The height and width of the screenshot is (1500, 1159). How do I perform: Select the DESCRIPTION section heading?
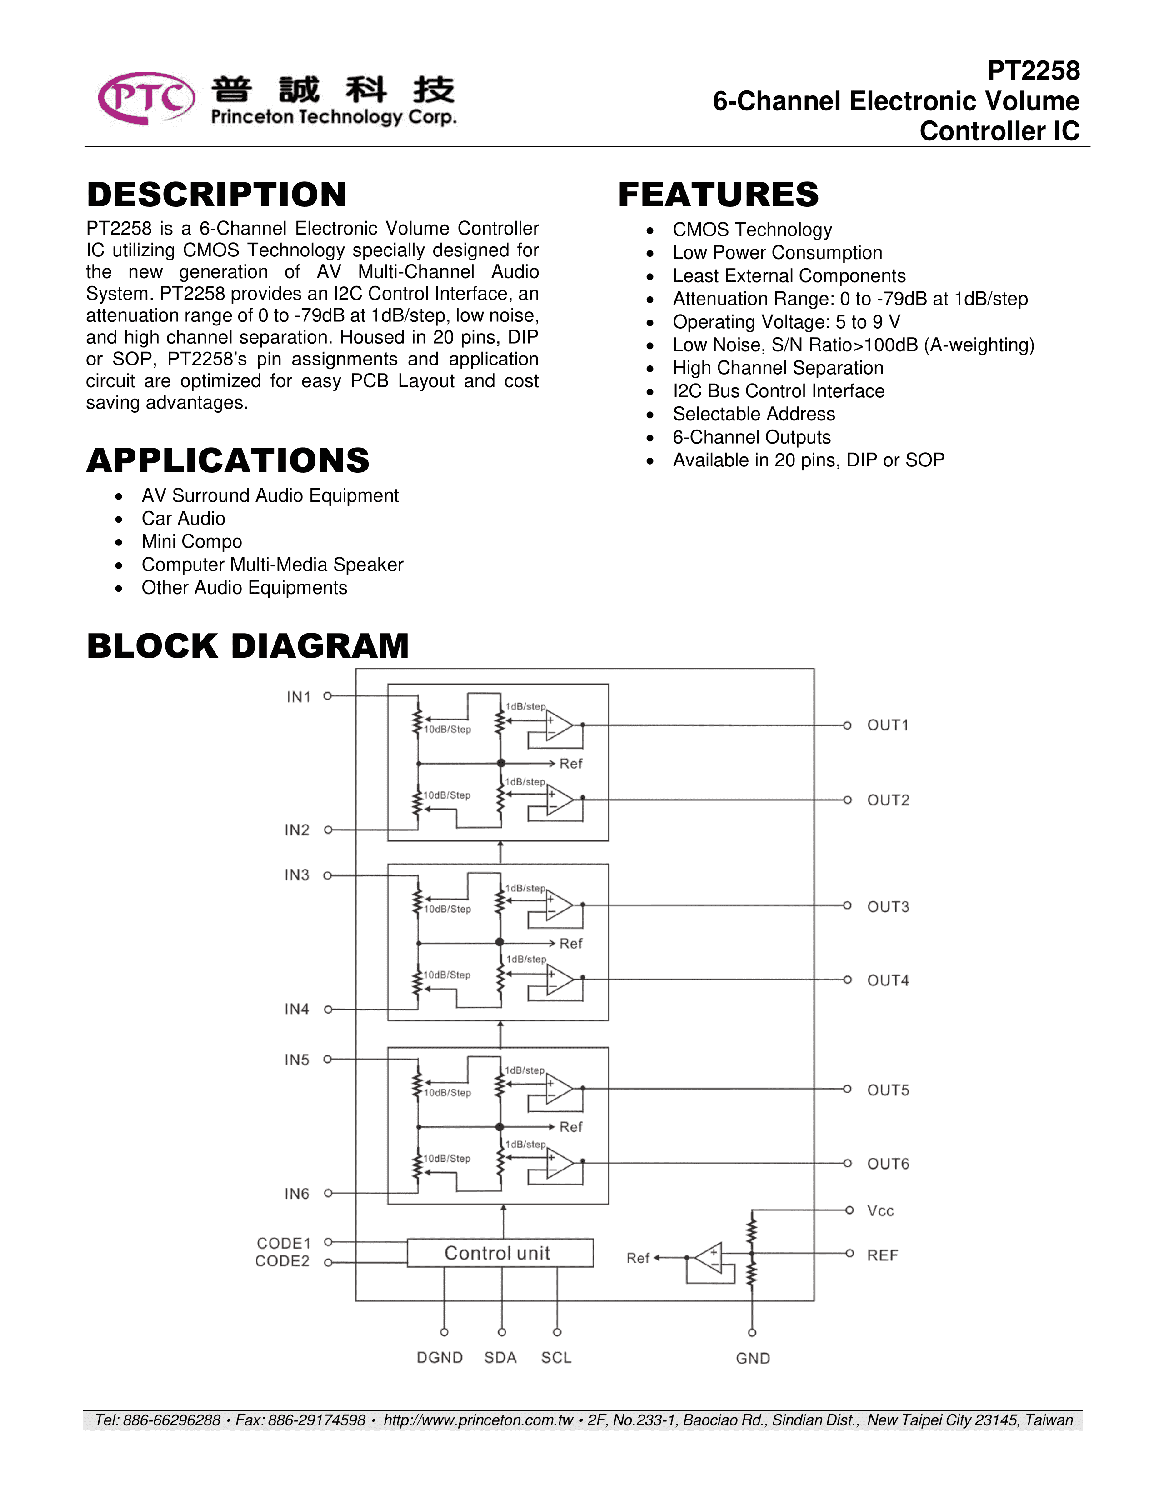click(216, 195)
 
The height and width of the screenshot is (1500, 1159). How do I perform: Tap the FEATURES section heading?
click(718, 195)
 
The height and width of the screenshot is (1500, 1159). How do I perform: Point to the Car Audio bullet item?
click(183, 519)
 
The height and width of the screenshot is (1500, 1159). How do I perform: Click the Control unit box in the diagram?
click(499, 1253)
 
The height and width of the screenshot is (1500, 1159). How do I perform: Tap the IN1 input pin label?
click(299, 697)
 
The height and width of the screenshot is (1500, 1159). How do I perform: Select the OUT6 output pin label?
click(888, 1164)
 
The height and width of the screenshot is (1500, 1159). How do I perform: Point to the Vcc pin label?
click(880, 1211)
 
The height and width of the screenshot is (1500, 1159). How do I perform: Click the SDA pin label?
click(500, 1358)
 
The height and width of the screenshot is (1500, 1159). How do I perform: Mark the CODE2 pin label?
click(282, 1262)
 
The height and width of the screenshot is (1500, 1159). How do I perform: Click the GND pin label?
click(753, 1359)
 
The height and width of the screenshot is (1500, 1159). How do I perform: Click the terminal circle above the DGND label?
click(444, 1332)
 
